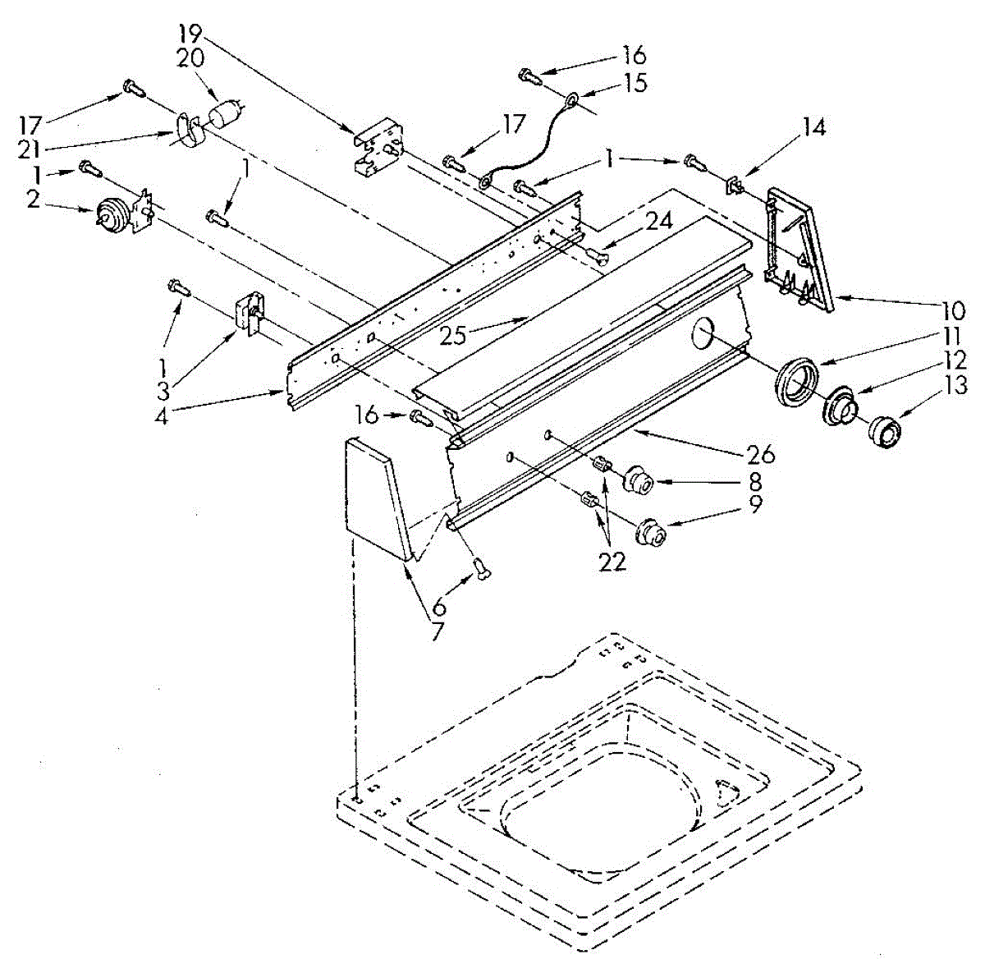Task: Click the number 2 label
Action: (x=33, y=200)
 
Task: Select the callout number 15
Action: (x=635, y=83)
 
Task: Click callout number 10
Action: (x=953, y=312)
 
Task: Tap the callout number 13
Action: (x=955, y=385)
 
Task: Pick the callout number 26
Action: (x=761, y=452)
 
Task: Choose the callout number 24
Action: (x=658, y=221)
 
